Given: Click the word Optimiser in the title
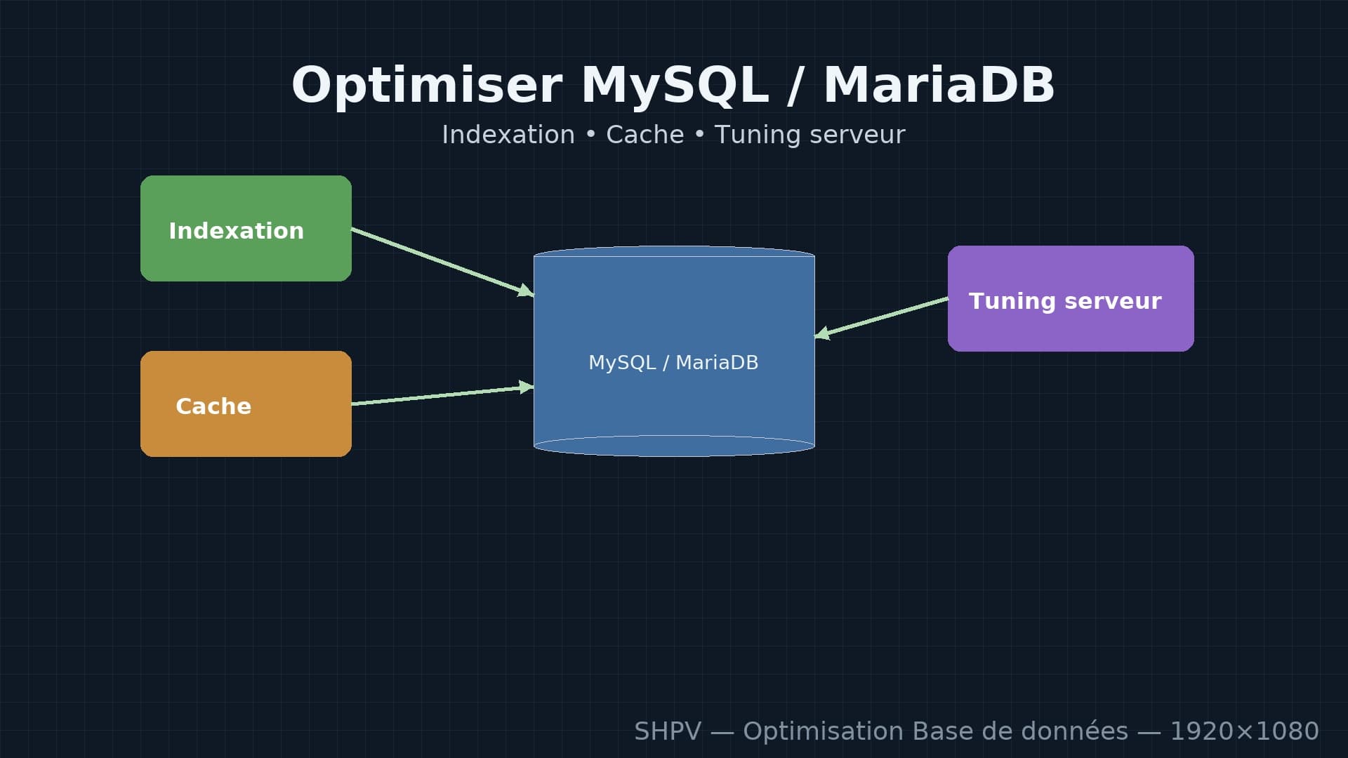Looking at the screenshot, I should [x=427, y=86].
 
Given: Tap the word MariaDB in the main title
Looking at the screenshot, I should [x=939, y=86].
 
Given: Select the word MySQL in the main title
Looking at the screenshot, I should [x=674, y=86].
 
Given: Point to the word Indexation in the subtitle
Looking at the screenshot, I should [x=508, y=135].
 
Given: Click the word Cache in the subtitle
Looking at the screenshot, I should [x=645, y=135].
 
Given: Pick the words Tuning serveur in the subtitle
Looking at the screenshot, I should [x=810, y=135].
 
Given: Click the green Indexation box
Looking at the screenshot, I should [x=246, y=228].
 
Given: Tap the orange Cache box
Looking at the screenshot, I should [x=246, y=404].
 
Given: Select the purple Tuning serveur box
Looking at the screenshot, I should [x=1071, y=298].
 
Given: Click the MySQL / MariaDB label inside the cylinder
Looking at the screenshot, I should [x=673, y=362].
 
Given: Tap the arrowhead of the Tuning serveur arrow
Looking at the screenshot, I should [x=822, y=334].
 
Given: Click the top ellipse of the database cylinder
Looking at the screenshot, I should [x=674, y=251].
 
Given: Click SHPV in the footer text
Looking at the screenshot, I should [x=667, y=731].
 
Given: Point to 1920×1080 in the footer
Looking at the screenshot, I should [x=1244, y=731].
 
